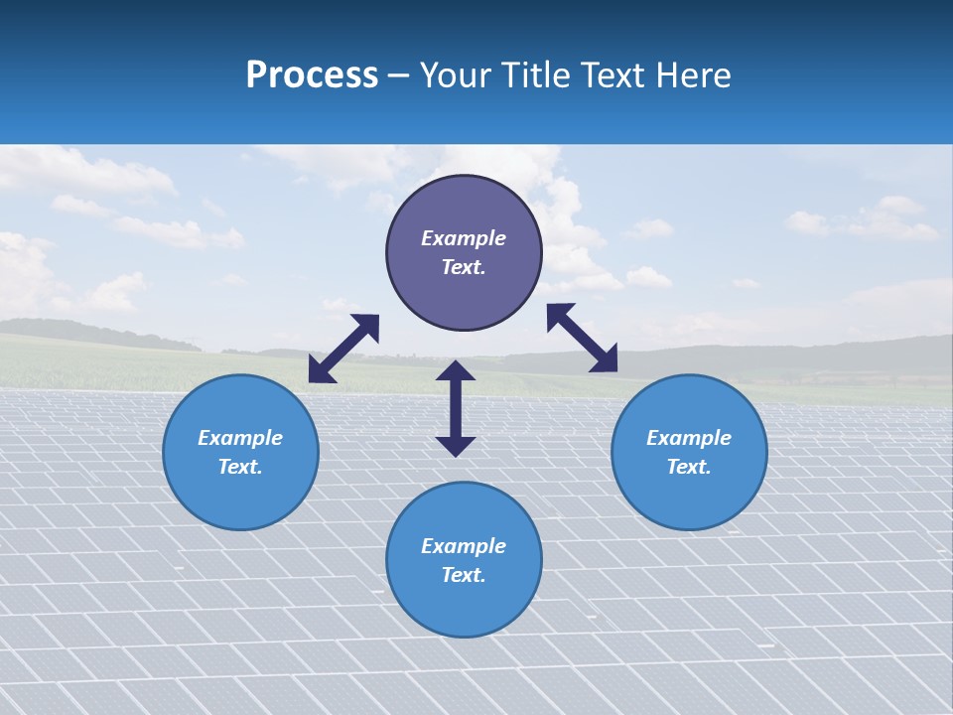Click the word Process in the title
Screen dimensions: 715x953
point(312,75)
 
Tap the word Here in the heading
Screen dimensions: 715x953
point(690,75)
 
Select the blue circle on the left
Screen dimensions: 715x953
point(240,497)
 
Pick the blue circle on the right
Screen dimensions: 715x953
point(689,497)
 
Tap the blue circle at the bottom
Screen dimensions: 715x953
point(464,606)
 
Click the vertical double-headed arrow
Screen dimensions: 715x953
point(456,409)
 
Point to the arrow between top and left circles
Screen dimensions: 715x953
point(343,349)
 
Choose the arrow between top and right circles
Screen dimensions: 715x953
point(582,338)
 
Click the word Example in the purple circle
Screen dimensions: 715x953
point(464,238)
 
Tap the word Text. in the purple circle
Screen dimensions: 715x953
point(464,267)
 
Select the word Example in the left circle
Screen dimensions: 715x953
point(240,438)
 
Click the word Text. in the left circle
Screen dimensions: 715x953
point(240,467)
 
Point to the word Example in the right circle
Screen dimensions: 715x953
point(689,438)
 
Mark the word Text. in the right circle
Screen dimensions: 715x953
point(689,467)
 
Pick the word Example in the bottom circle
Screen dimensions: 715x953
point(464,546)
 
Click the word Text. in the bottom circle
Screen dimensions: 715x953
point(464,575)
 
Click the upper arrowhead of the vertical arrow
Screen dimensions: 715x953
point(456,371)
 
